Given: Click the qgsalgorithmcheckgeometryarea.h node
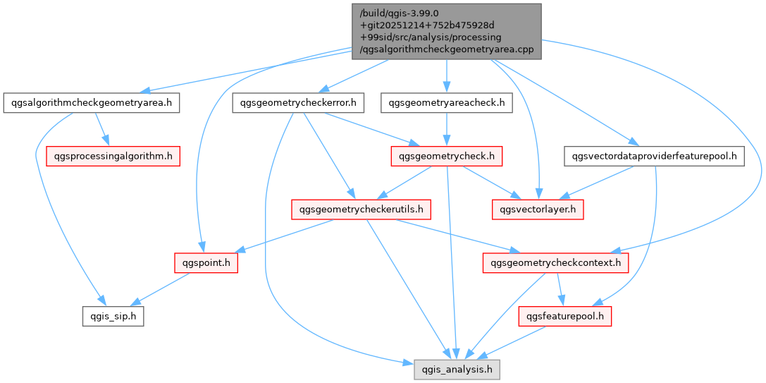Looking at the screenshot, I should pos(91,103).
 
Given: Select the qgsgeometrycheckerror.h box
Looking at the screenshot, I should pos(298,103).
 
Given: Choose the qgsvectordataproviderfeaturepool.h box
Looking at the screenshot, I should pos(653,155).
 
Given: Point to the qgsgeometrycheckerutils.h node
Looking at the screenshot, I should pos(361,209).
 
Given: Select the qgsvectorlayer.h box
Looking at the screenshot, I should pos(538,209).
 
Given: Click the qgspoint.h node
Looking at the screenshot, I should pos(206,264).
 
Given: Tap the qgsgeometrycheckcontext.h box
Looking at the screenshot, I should pos(555,264).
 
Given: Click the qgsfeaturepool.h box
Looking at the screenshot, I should pos(564,317).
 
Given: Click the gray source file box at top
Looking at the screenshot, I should pos(446,31).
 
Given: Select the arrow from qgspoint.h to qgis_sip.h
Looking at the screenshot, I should pos(161,290).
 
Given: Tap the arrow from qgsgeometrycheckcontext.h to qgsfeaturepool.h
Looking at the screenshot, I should pos(560,290).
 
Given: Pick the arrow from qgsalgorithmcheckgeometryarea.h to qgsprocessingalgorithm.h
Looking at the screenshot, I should pos(101,129).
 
